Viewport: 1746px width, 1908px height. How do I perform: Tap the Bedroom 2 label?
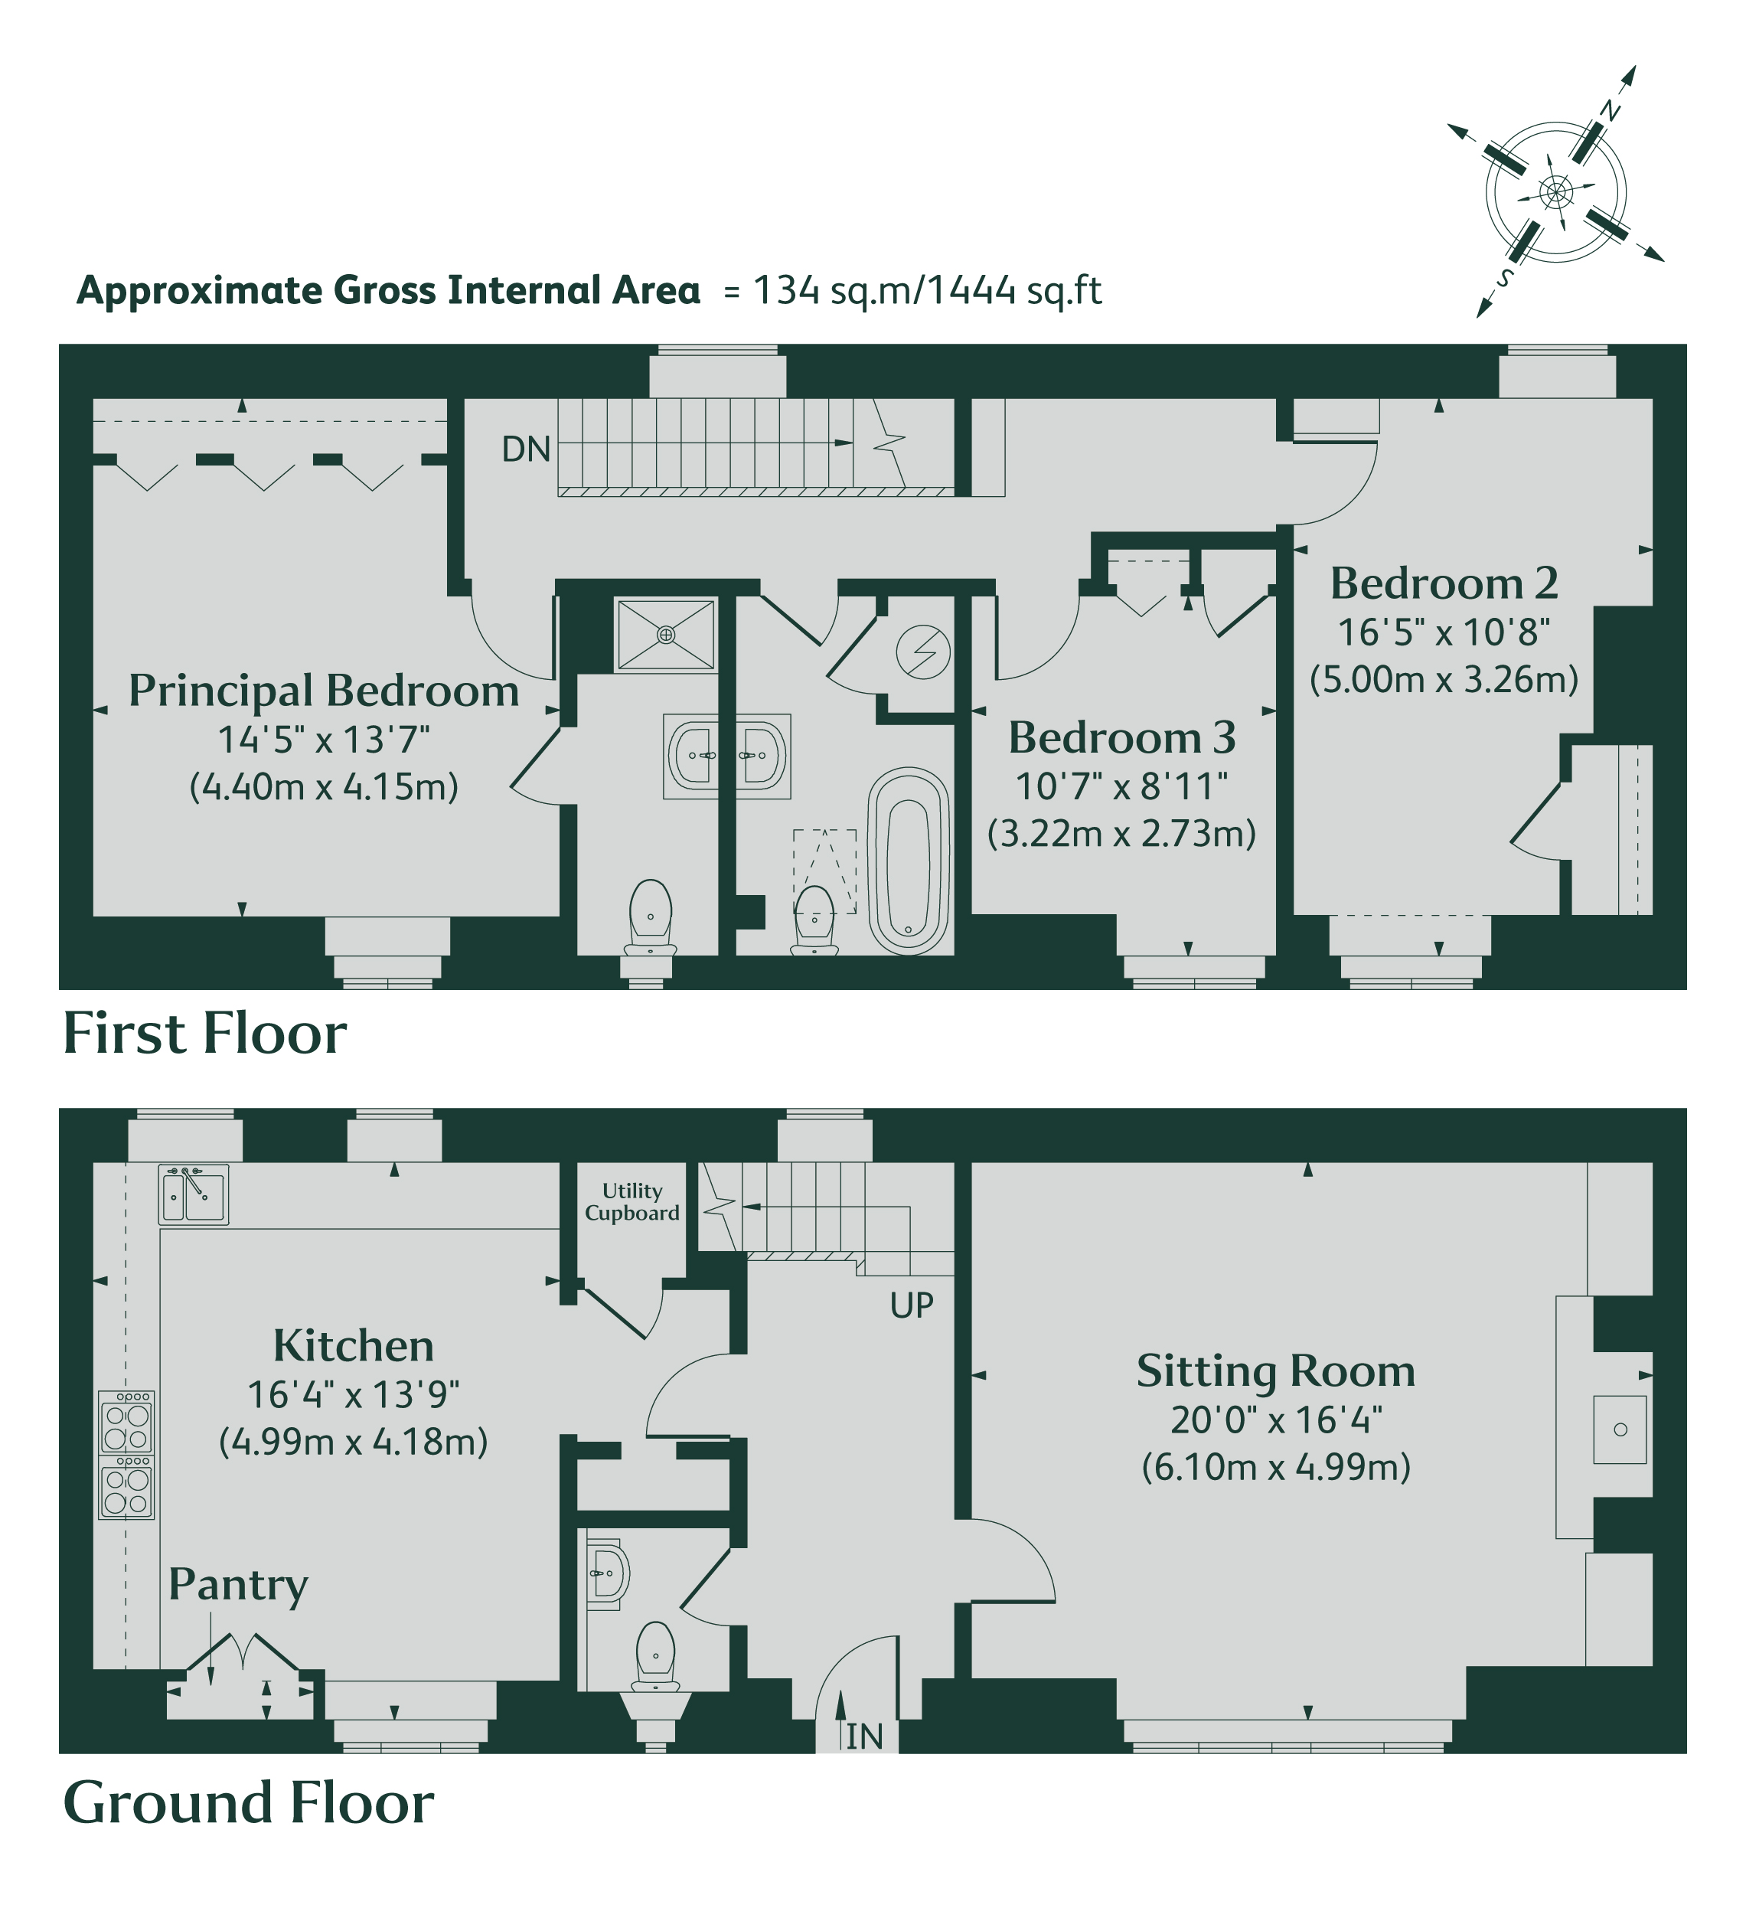click(x=1444, y=583)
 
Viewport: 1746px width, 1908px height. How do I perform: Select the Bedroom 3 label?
click(x=1121, y=737)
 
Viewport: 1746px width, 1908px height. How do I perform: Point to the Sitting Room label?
click(x=1276, y=1371)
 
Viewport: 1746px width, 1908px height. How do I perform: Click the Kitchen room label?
click(x=353, y=1345)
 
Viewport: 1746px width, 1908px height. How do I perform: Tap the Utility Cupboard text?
click(x=632, y=1202)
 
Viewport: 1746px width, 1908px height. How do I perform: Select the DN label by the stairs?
click(x=526, y=449)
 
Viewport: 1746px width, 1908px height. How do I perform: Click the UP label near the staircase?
click(x=912, y=1306)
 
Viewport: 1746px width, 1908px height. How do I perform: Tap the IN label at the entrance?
click(x=864, y=1736)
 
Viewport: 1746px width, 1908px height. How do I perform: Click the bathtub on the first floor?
click(x=909, y=861)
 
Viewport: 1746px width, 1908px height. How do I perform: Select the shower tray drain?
click(x=666, y=635)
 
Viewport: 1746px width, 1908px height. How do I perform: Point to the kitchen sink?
click(x=193, y=1195)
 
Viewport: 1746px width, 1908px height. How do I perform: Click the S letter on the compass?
click(x=1504, y=277)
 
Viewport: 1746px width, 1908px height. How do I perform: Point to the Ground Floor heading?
click(x=248, y=1802)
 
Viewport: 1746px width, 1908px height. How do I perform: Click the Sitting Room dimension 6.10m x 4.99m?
click(x=1276, y=1467)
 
